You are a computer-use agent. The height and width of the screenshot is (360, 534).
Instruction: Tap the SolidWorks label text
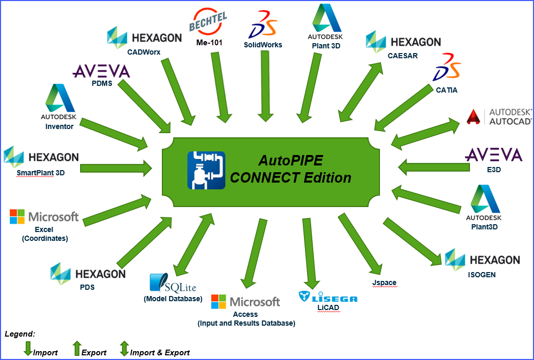point(263,45)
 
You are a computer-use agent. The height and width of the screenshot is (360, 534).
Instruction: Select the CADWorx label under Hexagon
point(144,52)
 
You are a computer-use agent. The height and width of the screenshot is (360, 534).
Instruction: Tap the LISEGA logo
point(328,297)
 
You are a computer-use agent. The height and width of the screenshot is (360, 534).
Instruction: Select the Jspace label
point(384,282)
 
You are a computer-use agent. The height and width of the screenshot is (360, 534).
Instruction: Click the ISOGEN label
point(481,274)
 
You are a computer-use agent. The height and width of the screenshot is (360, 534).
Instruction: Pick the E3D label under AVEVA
point(493,169)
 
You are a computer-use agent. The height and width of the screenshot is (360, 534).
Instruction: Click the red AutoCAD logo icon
point(473,117)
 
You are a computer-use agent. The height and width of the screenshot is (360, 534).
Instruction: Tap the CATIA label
point(447,90)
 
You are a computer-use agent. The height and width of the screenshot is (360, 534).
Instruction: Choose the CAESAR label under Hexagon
point(402,55)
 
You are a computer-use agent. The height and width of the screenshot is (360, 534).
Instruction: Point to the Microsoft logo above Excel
point(18,216)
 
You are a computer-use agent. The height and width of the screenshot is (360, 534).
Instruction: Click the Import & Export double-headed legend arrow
point(124,348)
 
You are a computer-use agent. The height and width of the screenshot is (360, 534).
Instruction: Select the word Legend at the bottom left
point(19,333)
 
